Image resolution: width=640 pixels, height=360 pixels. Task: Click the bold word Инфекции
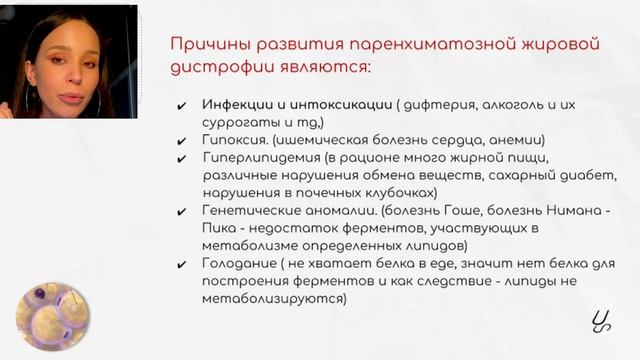tap(236, 105)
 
